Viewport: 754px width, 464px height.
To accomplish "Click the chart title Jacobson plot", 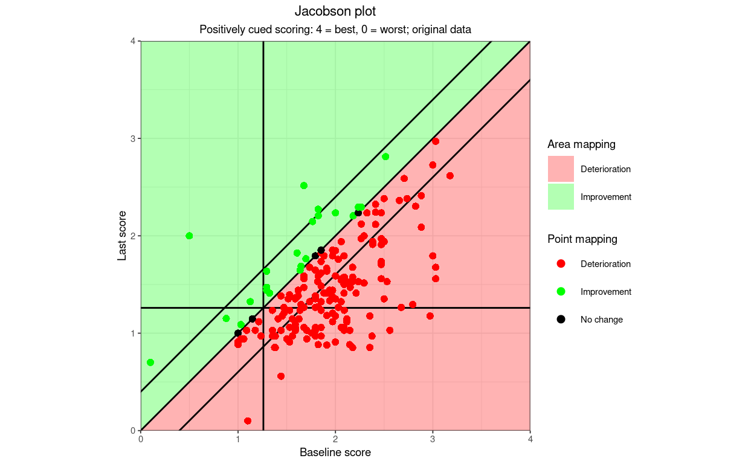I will point(335,11).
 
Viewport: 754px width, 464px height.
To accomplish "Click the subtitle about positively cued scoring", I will point(335,30).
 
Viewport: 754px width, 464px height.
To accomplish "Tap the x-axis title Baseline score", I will point(335,453).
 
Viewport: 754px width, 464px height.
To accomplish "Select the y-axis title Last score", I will point(122,236).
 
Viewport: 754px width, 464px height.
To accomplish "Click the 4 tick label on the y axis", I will point(134,41).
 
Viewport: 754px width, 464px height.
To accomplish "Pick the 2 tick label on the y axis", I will point(134,236).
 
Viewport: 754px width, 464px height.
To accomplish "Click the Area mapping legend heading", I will point(581,144).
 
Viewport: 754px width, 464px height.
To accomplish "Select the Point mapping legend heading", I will point(582,239).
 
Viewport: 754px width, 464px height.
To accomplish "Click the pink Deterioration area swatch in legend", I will point(561,169).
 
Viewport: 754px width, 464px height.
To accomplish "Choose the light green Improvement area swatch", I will point(561,197).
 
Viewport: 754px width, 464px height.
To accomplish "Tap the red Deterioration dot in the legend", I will point(561,264).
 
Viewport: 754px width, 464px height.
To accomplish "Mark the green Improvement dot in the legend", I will point(561,292).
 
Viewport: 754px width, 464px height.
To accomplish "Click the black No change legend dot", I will point(561,320).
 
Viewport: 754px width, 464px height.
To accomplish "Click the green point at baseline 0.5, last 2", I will point(189,236).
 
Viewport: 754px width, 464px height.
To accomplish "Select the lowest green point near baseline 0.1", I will point(150,362).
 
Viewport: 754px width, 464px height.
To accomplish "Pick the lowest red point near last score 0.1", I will point(248,420).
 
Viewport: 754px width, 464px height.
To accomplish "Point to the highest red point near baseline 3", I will point(435,141).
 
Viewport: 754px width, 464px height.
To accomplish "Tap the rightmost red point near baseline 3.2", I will point(450,176).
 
